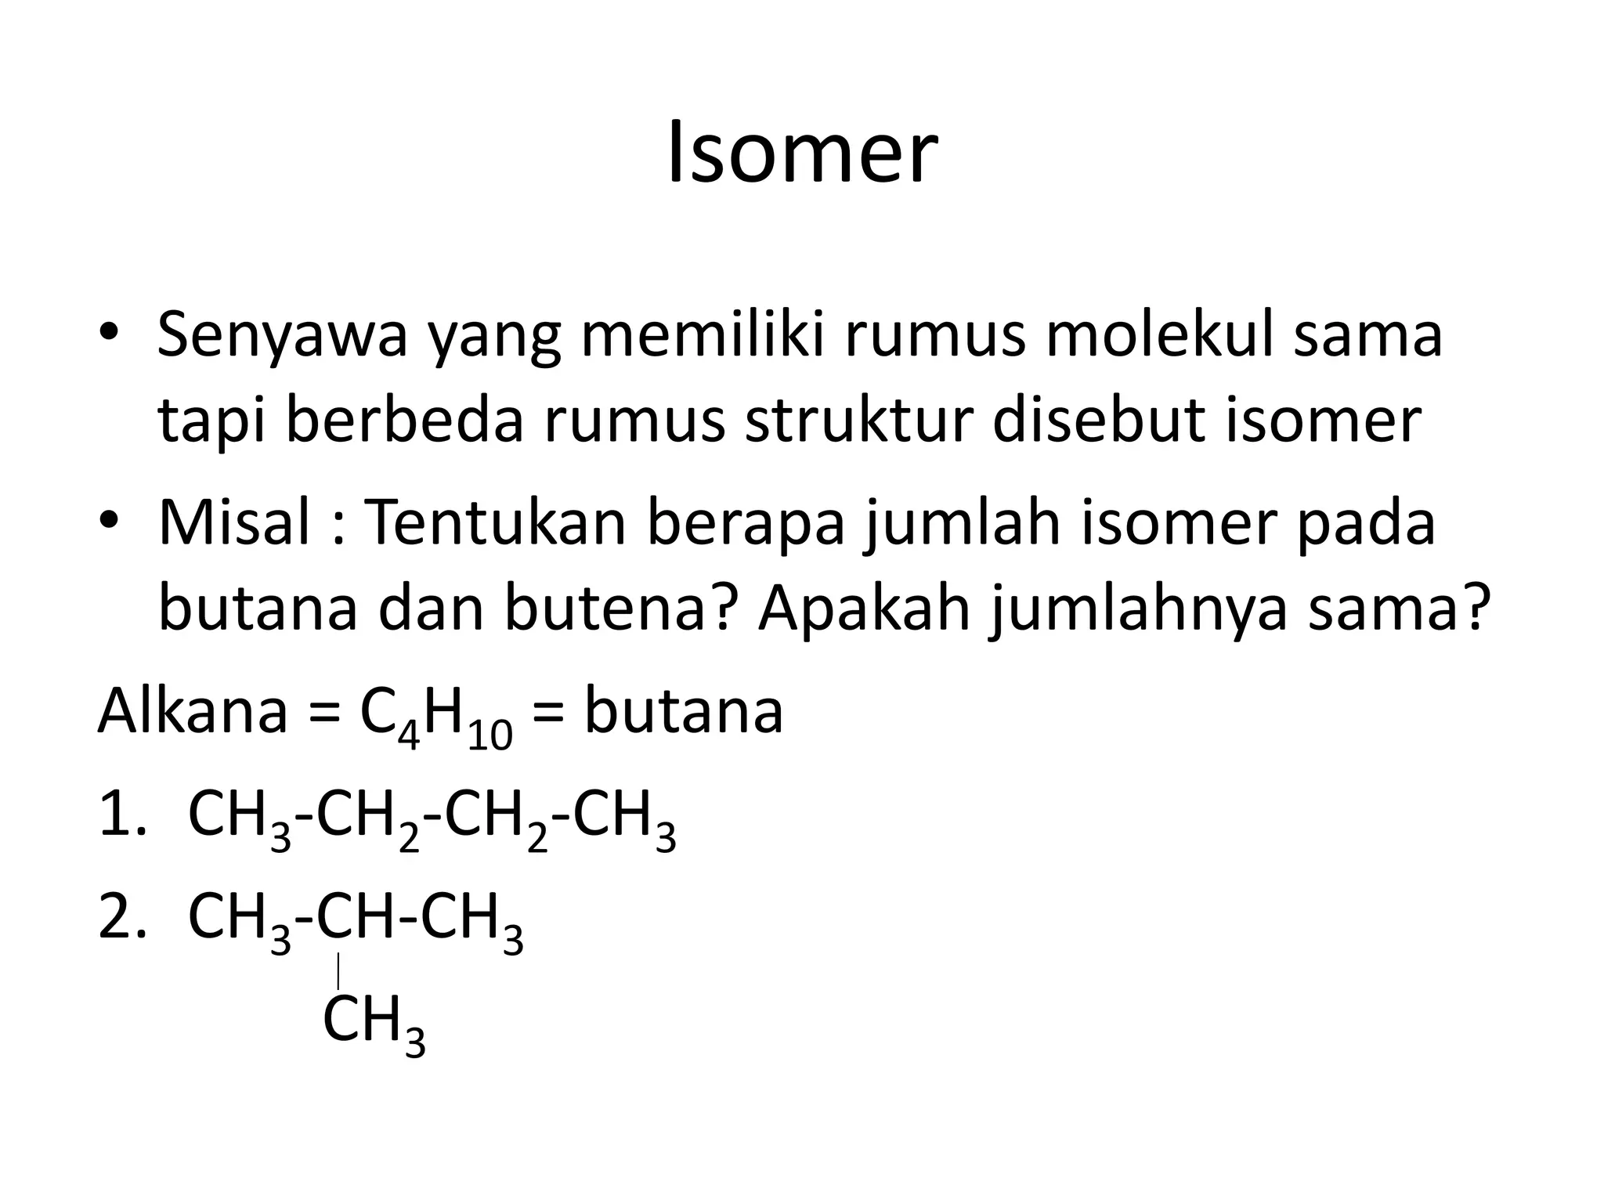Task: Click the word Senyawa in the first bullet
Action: pos(282,335)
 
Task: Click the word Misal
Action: pos(234,522)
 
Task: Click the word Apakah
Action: pos(864,610)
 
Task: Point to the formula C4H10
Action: pos(435,717)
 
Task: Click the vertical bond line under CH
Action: pos(338,971)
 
